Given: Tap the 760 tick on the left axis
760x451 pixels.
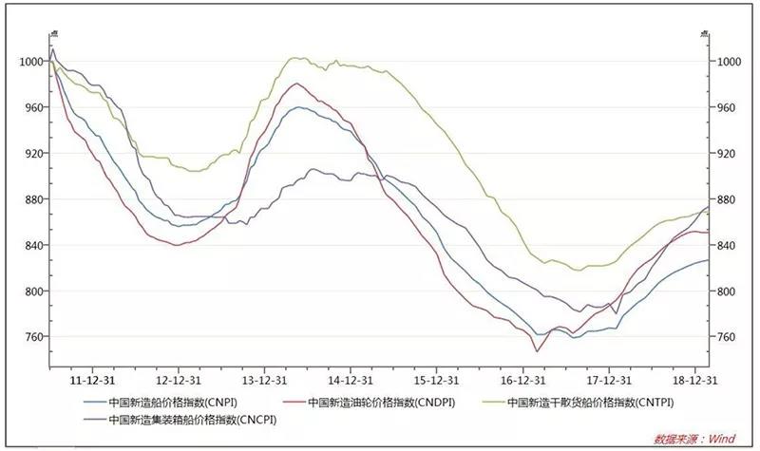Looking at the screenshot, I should pyautogui.click(x=31, y=337).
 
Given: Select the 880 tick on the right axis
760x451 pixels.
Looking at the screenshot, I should pyautogui.click(x=726, y=199).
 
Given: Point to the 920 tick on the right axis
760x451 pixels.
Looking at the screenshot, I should pyautogui.click(x=726, y=153).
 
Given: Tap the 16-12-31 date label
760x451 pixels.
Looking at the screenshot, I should pyautogui.click(x=523, y=376).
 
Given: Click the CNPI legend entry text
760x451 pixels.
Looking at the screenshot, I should pyautogui.click(x=174, y=401).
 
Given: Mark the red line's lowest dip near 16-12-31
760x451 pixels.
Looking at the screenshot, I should pyautogui.click(x=537, y=351).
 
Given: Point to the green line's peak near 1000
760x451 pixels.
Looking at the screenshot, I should pyautogui.click(x=295, y=58).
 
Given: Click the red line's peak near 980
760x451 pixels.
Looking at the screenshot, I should pyautogui.click(x=297, y=84).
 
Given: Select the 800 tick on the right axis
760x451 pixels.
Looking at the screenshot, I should pyautogui.click(x=726, y=291).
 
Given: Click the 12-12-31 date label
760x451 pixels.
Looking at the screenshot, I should pyautogui.click(x=178, y=376).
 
